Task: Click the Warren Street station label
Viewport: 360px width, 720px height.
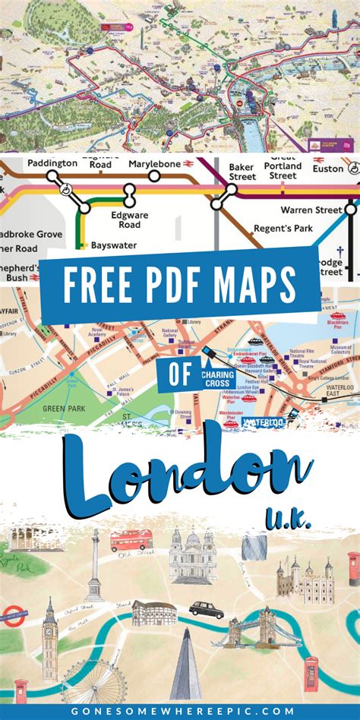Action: click(x=310, y=209)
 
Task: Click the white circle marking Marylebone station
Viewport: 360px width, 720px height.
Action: click(x=154, y=176)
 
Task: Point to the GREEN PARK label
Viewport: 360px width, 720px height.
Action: click(x=65, y=408)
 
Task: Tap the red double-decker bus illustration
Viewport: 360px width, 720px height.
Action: click(x=131, y=541)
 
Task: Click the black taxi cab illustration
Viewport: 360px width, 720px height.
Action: click(x=206, y=609)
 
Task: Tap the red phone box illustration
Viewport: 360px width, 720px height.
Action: click(x=311, y=674)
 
